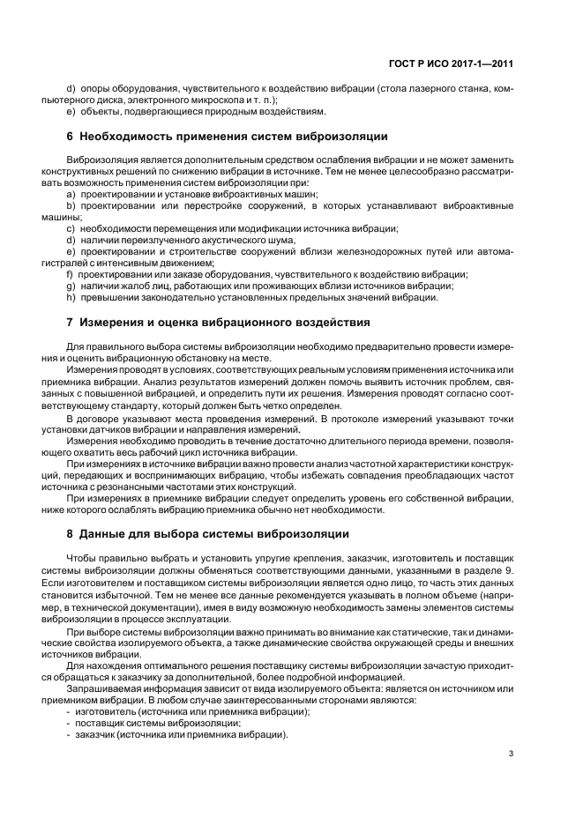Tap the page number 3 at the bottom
512,753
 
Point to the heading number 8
70,533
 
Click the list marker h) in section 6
71,297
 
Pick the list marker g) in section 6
71,286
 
